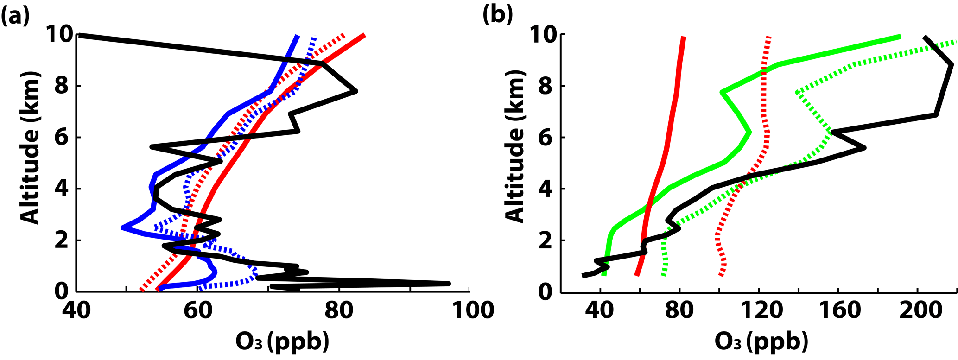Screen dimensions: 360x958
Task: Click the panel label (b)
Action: coord(497,15)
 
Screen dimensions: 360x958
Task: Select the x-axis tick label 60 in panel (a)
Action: coord(197,310)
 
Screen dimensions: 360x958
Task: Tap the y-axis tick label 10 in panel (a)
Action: coord(60,35)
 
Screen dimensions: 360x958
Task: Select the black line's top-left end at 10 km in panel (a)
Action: coord(80,35)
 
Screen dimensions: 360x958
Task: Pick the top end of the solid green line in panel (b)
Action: coord(900,37)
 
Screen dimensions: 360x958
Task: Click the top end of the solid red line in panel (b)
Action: coord(683,38)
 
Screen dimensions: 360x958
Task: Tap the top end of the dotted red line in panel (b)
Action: coord(769,37)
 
